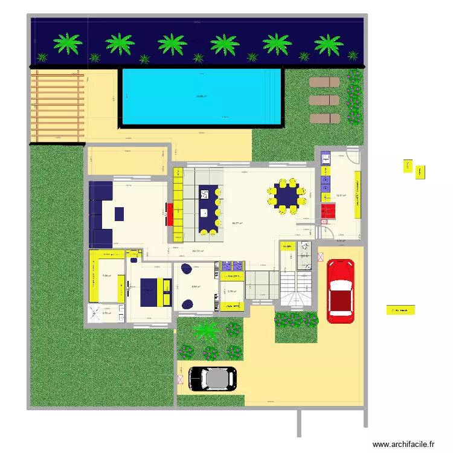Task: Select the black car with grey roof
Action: tap(213, 379)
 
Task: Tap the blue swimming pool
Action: tap(202, 97)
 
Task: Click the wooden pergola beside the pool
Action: tap(57, 106)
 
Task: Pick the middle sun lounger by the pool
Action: tap(324, 100)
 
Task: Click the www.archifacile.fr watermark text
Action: tap(403, 444)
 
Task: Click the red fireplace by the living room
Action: tap(169, 214)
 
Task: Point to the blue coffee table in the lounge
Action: tap(119, 213)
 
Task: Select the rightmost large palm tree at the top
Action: tap(329, 43)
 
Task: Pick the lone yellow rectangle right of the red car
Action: tap(402, 310)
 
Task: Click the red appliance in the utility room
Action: tap(327, 211)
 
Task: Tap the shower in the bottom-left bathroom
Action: tap(96, 312)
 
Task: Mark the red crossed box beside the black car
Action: tap(180, 380)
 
